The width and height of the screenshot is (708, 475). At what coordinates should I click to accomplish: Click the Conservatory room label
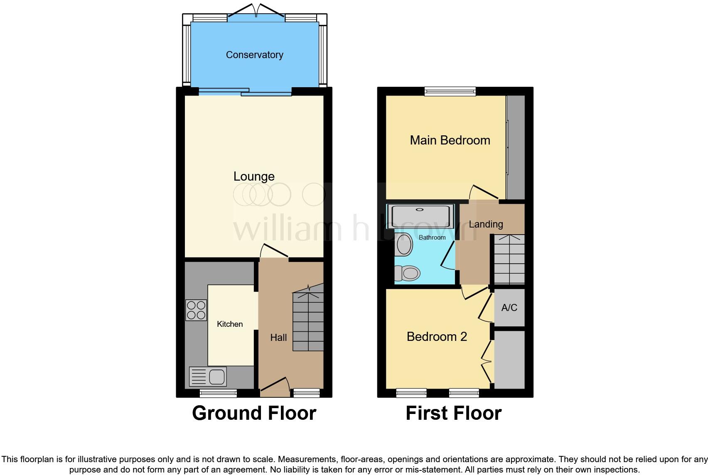[x=254, y=55]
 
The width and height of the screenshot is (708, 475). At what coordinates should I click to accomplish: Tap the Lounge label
[x=254, y=176]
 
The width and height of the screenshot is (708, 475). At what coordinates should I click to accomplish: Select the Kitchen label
[x=230, y=324]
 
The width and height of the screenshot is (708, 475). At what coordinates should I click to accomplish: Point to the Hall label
[x=278, y=338]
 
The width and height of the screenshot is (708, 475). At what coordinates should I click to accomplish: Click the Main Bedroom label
[x=450, y=140]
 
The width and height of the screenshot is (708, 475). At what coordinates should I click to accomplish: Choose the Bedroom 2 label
[x=437, y=336]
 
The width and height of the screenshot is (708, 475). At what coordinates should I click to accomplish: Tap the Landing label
[x=486, y=224]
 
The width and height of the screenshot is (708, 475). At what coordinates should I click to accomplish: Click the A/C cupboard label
[x=509, y=308]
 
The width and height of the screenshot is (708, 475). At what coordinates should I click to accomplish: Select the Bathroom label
[x=432, y=237]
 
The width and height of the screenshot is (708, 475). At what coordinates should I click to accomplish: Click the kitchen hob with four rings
[x=196, y=310]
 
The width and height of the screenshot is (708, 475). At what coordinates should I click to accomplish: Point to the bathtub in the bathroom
[x=420, y=216]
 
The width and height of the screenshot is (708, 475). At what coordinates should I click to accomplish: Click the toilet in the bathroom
[x=407, y=274]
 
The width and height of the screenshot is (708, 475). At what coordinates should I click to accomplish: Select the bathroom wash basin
[x=404, y=245]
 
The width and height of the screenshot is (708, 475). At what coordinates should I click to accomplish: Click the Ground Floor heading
[x=254, y=413]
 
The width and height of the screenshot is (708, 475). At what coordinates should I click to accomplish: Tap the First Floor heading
[x=453, y=413]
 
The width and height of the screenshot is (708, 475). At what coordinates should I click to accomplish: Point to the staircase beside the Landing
[x=509, y=260]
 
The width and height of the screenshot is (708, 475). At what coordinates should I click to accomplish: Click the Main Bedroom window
[x=450, y=91]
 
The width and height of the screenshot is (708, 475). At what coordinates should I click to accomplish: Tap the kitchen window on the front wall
[x=219, y=393]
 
